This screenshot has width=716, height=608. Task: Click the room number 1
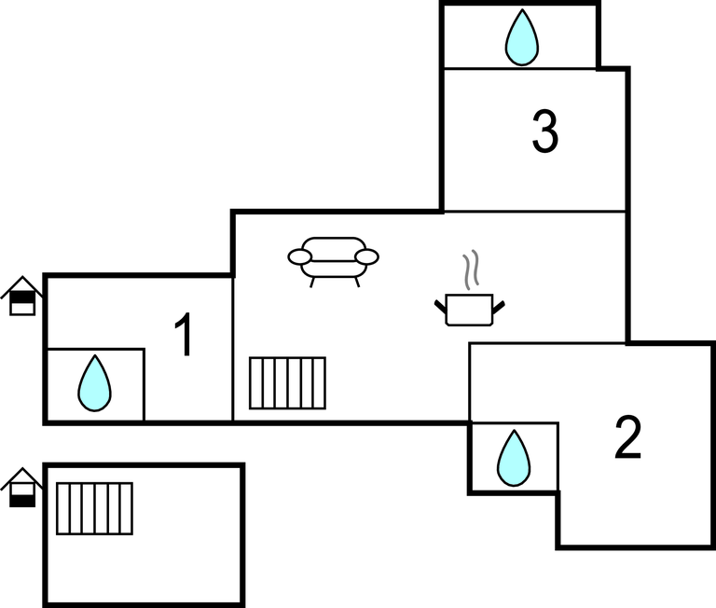tap(184, 335)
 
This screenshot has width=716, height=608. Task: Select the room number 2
tap(627, 436)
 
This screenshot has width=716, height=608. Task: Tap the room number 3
tap(545, 131)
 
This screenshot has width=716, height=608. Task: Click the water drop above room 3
tap(522, 37)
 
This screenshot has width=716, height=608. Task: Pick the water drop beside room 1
tap(94, 383)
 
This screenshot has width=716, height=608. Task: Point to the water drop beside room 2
tap(514, 458)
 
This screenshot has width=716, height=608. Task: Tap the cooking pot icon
tap(470, 310)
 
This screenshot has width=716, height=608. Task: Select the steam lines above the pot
tap(471, 269)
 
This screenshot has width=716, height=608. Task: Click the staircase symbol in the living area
tap(288, 383)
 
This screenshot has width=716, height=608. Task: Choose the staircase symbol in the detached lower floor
tap(94, 508)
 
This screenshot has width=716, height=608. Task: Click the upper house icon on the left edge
tap(22, 296)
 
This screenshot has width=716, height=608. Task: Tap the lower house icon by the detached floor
tap(22, 488)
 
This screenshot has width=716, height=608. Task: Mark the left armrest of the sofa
tap(299, 256)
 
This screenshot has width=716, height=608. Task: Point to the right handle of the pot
tap(499, 307)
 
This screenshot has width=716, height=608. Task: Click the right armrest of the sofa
tap(367, 256)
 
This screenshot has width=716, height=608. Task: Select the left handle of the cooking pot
tap(440, 307)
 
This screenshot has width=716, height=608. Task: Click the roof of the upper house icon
tap(22, 284)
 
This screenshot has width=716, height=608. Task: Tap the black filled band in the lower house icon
tap(22, 501)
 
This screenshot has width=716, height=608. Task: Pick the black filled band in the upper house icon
tap(22, 297)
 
